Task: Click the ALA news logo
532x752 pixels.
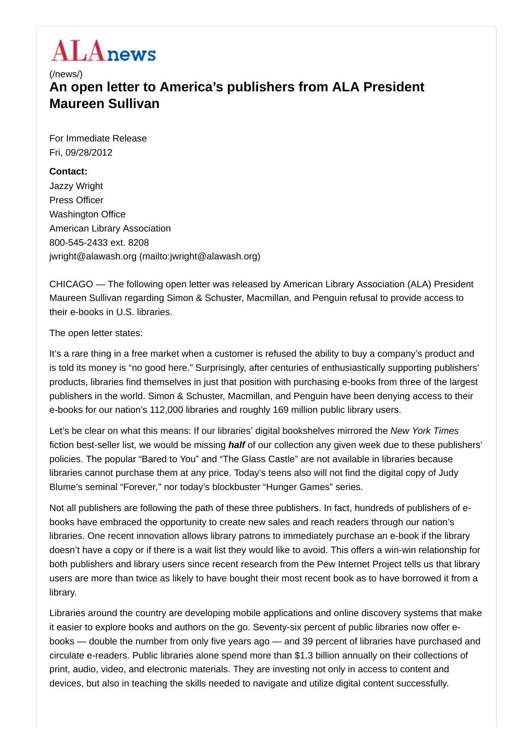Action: tap(103, 51)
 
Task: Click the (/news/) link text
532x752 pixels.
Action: tap(66, 74)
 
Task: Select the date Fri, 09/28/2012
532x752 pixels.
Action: tap(81, 153)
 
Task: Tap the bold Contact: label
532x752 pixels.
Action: tap(68, 171)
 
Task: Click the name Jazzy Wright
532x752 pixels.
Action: tap(76, 186)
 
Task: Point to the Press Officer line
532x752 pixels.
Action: tap(76, 200)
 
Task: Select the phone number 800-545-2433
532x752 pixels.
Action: tap(79, 243)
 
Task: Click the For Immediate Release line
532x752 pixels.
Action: tap(98, 138)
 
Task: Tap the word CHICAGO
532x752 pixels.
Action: tap(71, 284)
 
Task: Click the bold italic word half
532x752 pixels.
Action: tap(236, 445)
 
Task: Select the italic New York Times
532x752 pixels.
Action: tap(424, 431)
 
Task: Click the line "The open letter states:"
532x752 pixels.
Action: tap(96, 333)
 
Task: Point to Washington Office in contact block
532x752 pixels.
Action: tap(88, 214)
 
